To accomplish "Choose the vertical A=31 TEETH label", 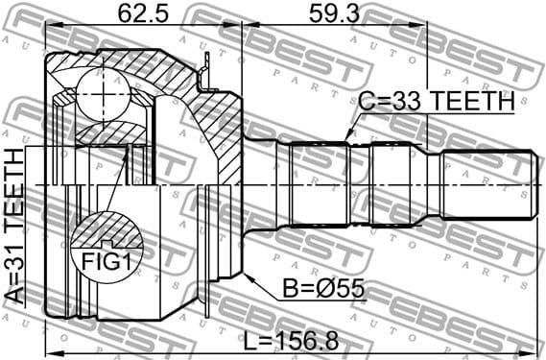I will pyautogui.click(x=15, y=226).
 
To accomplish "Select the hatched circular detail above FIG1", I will pyautogui.click(x=105, y=233).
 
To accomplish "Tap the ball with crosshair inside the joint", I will pyautogui.click(x=102, y=94).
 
